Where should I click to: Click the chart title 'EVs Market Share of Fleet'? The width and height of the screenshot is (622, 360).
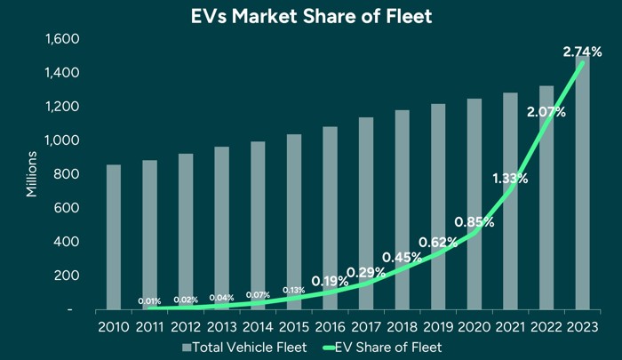[310, 16]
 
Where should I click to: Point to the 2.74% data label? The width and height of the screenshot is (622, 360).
[583, 53]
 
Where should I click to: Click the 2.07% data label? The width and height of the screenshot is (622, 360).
[546, 112]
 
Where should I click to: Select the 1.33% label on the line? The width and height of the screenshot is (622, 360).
[509, 179]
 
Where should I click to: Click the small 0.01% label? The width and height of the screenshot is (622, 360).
[149, 301]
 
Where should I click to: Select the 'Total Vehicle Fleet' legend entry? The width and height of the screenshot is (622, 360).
[244, 346]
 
